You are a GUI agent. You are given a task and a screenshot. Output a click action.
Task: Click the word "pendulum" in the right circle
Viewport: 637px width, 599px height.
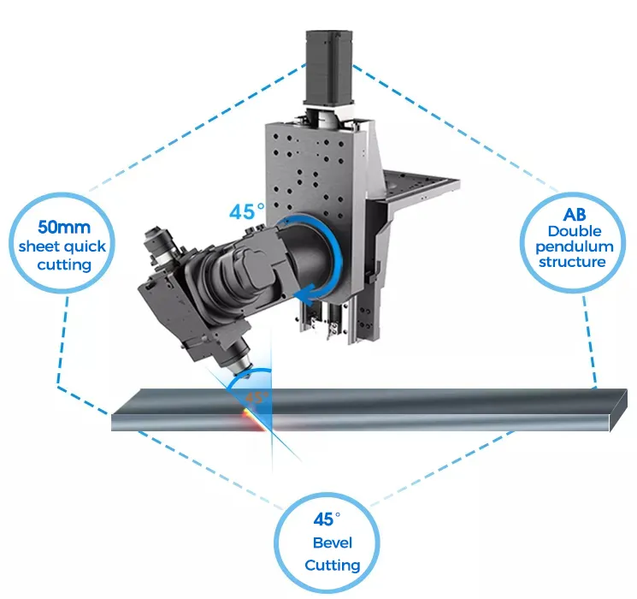point(576,246)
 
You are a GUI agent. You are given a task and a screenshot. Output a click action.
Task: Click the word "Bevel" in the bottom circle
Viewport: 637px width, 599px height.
point(332,543)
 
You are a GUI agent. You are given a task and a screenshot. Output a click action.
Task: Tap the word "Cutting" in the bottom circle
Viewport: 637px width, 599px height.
point(333,565)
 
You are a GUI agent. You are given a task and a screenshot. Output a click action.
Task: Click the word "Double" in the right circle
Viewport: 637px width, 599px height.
point(575,231)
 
